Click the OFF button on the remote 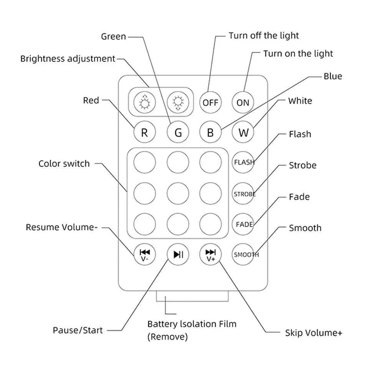point(210,103)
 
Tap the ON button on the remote point(243,103)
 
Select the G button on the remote point(178,132)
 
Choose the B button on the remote point(210,132)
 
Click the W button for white point(243,132)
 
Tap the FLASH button point(243,162)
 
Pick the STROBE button point(243,194)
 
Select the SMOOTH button point(243,254)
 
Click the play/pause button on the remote point(178,254)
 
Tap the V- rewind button point(145,254)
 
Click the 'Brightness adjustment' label point(68,59)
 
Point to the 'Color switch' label point(64,164)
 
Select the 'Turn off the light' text point(264,36)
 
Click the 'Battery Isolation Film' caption point(192,324)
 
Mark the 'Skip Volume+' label point(313,333)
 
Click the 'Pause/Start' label point(78,330)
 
